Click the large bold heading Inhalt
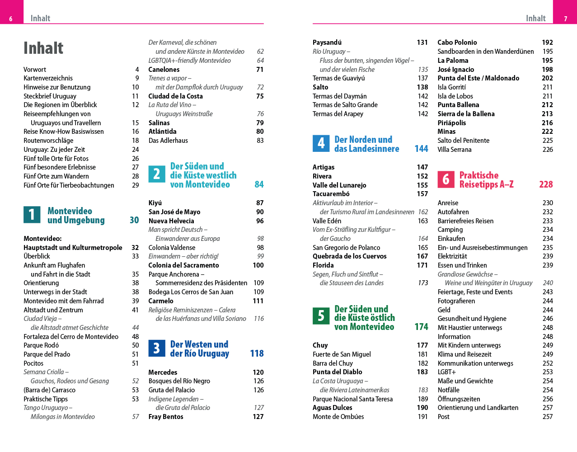[x=43, y=48]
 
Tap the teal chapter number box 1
[x=32, y=215]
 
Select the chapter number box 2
[x=157, y=174]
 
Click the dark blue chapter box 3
[x=157, y=348]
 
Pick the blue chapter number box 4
[x=321, y=144]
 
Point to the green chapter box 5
[x=321, y=315]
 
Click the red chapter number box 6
[x=446, y=179]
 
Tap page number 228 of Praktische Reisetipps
[x=546, y=184]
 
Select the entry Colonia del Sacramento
[x=183, y=265]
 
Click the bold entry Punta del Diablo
[x=337, y=372]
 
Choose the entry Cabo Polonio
[x=457, y=42]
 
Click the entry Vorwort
[x=35, y=70]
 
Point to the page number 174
[x=421, y=327]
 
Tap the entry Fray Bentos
[x=166, y=417]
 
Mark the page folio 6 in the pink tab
[x=11, y=19]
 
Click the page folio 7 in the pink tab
[x=565, y=19]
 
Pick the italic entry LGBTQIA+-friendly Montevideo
[x=189, y=61]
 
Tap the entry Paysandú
[x=327, y=42]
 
